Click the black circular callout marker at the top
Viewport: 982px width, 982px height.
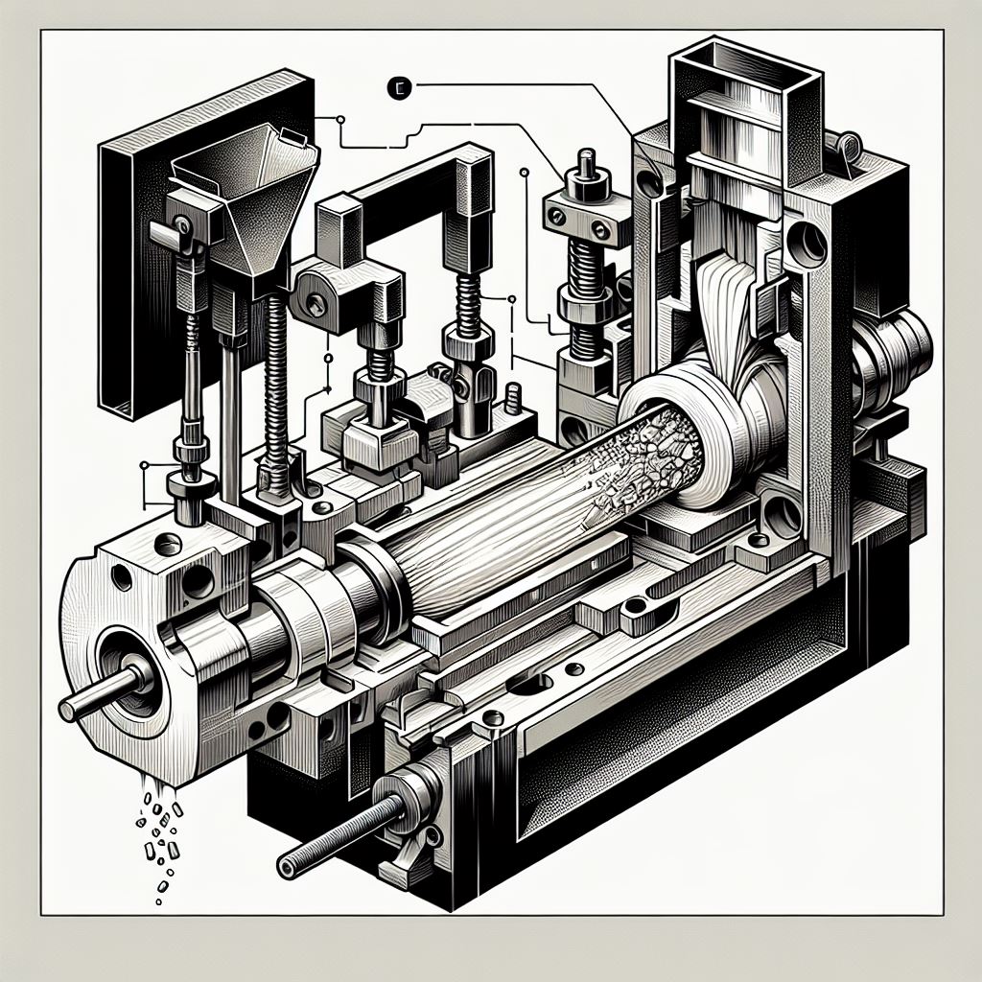400,88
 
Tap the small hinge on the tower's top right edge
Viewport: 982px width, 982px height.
847,147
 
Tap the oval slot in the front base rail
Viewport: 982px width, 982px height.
532,683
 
